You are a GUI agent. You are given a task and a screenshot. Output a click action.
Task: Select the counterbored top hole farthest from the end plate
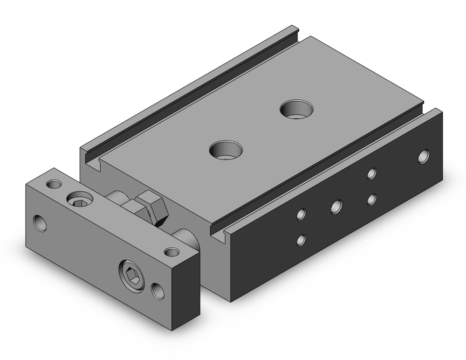(x=296, y=109)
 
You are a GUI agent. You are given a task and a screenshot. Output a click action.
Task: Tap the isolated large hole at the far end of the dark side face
(x=424, y=157)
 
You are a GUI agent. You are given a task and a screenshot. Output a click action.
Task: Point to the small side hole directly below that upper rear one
(x=371, y=200)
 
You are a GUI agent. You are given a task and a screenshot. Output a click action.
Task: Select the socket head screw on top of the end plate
(x=80, y=201)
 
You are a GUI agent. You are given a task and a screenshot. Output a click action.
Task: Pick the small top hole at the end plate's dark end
(x=172, y=252)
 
